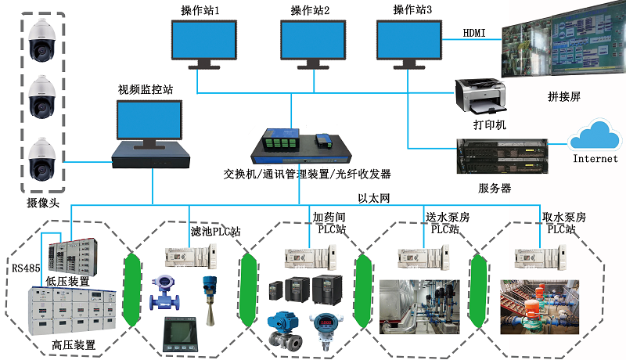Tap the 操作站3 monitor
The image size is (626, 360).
coord(408,43)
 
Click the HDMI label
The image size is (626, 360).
coord(474,33)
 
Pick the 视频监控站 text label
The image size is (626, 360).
coord(146,89)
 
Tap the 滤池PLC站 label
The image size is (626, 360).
coord(216,232)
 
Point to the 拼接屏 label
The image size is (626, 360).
coord(563,97)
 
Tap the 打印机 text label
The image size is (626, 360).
coord(490,125)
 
